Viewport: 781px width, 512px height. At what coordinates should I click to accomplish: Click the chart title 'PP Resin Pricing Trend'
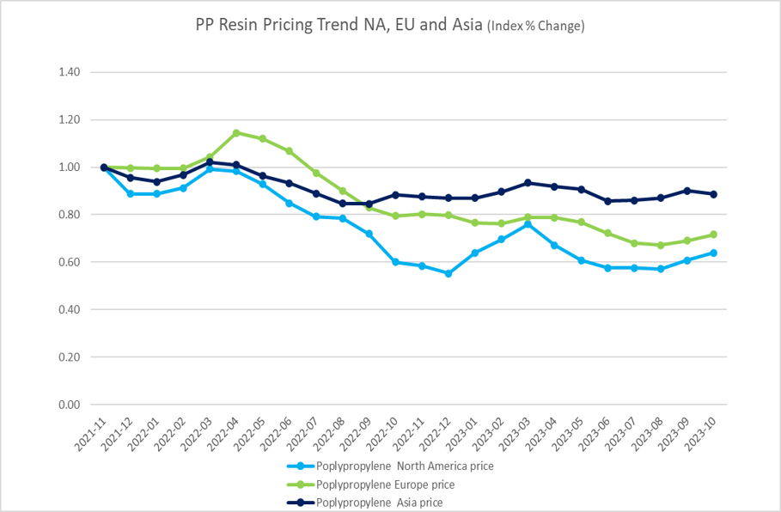point(339,25)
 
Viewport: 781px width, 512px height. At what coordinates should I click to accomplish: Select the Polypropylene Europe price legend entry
point(386,485)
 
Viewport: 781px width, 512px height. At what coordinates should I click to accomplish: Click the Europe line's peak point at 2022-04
point(236,133)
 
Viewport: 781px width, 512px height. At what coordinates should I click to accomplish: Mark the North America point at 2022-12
point(448,273)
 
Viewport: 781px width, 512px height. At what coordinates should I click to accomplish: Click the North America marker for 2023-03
point(528,224)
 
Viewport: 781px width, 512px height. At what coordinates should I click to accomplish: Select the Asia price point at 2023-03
point(528,183)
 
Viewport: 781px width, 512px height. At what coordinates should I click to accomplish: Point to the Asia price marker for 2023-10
point(713,194)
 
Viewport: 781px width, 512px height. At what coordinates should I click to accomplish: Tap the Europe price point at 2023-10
point(713,235)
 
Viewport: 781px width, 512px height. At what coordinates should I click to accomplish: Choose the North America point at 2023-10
point(713,253)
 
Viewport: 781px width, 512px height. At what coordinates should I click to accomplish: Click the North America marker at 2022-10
point(395,262)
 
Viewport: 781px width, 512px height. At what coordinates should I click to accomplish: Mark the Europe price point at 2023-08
point(661,245)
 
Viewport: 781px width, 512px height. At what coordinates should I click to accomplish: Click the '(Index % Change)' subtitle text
point(536,27)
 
